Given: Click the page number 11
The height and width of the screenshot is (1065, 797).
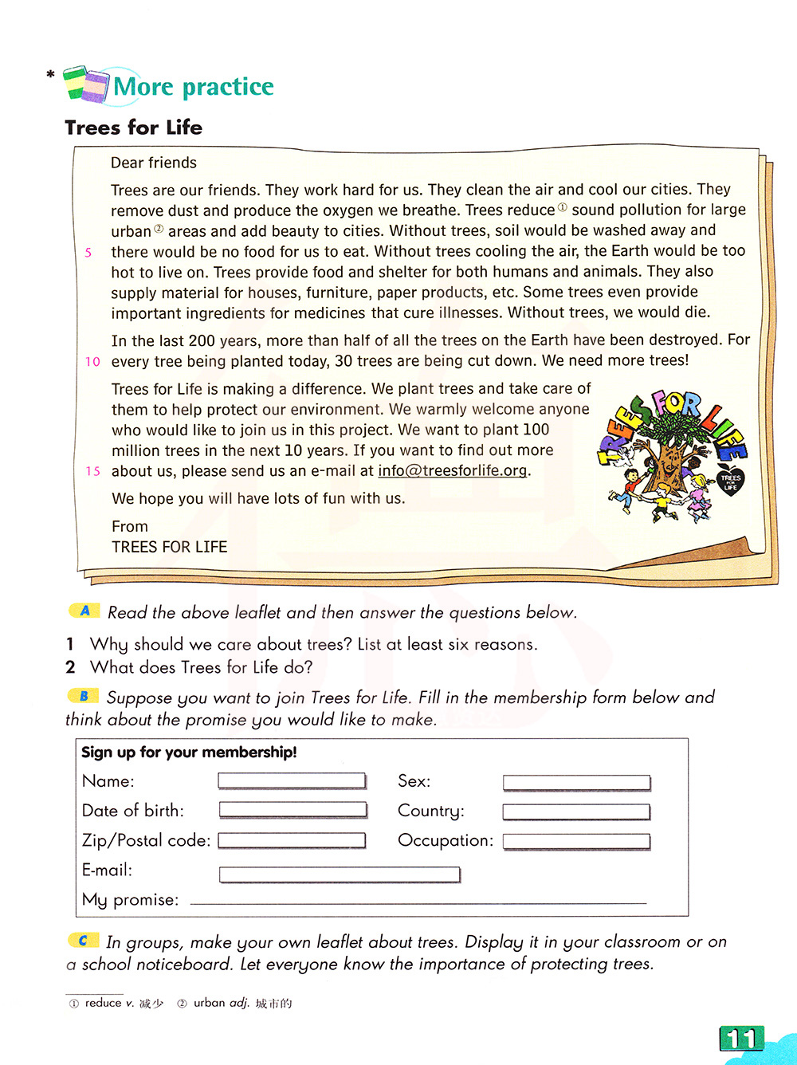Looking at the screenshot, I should click(x=741, y=1039).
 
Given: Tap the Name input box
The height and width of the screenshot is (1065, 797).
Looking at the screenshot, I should click(x=292, y=781).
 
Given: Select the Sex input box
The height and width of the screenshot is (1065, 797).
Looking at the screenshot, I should click(x=576, y=783).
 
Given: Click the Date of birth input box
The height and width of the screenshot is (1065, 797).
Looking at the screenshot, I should click(x=292, y=811).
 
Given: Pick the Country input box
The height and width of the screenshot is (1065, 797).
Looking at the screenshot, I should click(x=576, y=812).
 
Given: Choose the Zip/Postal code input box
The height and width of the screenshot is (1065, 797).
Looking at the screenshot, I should click(x=292, y=840).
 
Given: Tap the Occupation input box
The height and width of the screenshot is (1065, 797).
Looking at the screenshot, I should click(x=576, y=841).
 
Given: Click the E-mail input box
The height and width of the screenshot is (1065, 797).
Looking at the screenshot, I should click(x=340, y=874).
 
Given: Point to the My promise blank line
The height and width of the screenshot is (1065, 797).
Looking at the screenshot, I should click(x=418, y=903).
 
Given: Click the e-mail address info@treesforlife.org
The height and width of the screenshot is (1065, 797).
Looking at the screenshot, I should click(x=452, y=470).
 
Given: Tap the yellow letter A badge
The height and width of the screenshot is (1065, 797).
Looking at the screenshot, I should click(x=84, y=611).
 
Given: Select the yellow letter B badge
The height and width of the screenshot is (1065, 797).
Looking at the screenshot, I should click(x=83, y=696).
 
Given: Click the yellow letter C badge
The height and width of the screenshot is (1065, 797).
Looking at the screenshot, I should click(x=83, y=941).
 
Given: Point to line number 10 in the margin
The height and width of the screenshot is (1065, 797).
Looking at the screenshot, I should click(x=92, y=362).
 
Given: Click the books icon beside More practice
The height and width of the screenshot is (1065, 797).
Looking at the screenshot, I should click(x=85, y=84).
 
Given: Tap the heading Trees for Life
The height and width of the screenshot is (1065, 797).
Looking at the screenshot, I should click(x=133, y=128).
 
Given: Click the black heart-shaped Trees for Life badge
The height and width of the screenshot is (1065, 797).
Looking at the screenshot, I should click(x=730, y=481).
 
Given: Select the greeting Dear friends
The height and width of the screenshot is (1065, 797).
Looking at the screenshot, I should click(x=153, y=163).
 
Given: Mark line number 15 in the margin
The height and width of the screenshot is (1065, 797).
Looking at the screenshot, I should click(x=92, y=471).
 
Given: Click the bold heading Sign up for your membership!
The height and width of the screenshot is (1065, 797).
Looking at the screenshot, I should click(x=189, y=752).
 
